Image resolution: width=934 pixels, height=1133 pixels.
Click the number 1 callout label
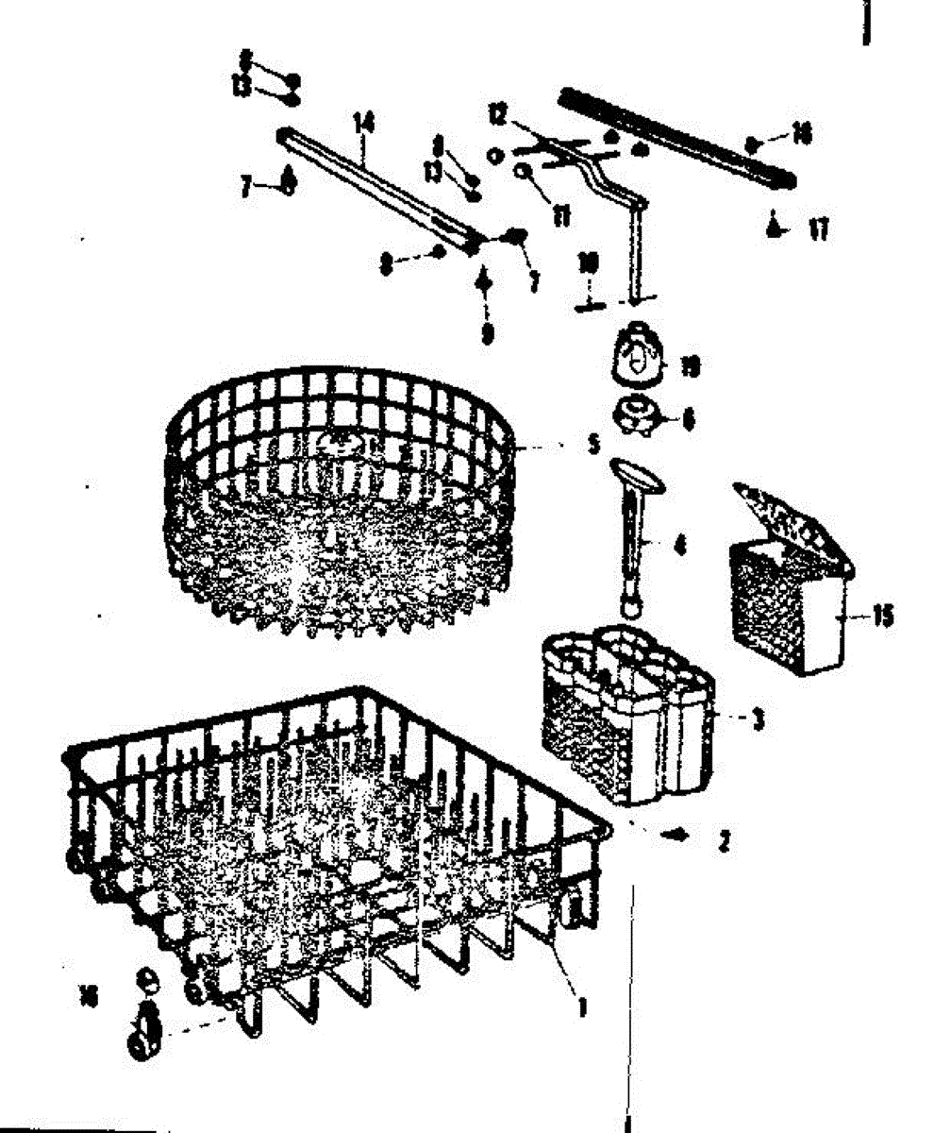pos(583,1009)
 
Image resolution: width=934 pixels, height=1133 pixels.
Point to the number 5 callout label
pos(593,445)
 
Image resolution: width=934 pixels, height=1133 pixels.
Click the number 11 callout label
pos(563,216)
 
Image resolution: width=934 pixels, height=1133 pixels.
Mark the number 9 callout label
pos(487,334)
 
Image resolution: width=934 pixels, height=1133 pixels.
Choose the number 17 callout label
pos(818,229)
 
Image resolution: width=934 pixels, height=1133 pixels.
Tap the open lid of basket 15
pos(788,519)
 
